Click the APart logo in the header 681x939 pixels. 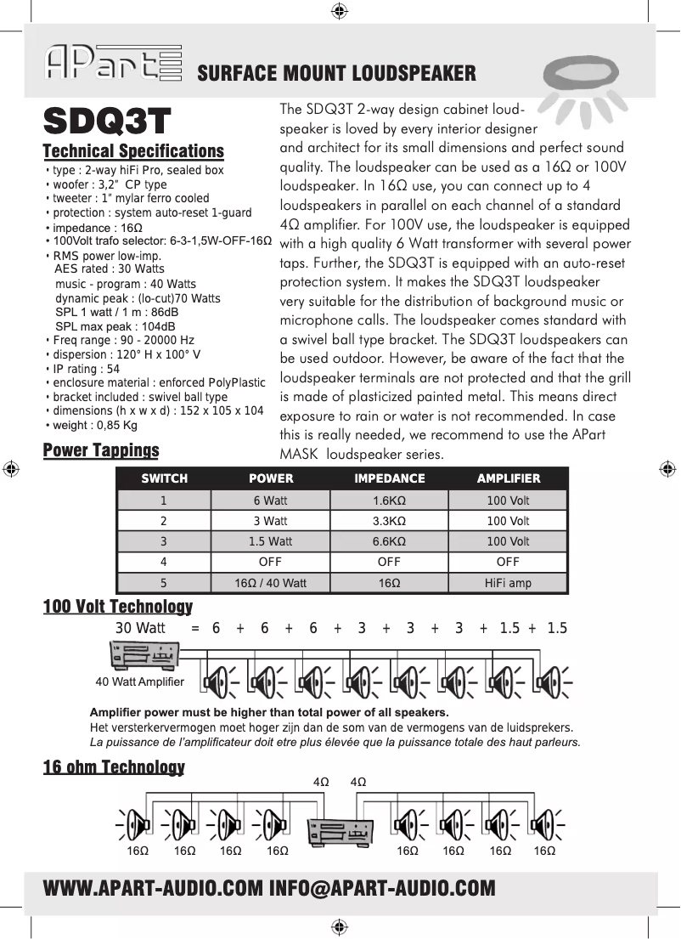pyautogui.click(x=114, y=63)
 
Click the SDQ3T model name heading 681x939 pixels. pyautogui.click(x=107, y=122)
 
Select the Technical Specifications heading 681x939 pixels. pyautogui.click(x=133, y=151)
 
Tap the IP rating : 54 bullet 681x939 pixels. pyautogui.click(x=84, y=369)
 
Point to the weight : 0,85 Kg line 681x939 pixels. pyautogui.click(x=93, y=425)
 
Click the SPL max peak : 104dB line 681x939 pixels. pyautogui.click(x=115, y=326)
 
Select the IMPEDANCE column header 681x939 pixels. pyautogui.click(x=389, y=478)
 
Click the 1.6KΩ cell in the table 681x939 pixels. pyautogui.click(x=389, y=501)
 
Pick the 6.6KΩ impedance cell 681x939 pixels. pyautogui.click(x=389, y=541)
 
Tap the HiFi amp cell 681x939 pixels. pyautogui.click(x=508, y=583)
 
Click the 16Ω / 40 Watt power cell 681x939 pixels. pyautogui.click(x=270, y=583)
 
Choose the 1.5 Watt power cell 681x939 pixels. pyautogui.click(x=270, y=541)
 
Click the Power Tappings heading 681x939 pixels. pyautogui.click(x=101, y=450)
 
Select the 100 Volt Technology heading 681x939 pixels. pyautogui.click(x=117, y=606)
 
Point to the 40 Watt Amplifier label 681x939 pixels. pyautogui.click(x=139, y=682)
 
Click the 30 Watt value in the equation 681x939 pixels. pyautogui.click(x=140, y=628)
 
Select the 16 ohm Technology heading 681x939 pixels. pyautogui.click(x=114, y=767)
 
